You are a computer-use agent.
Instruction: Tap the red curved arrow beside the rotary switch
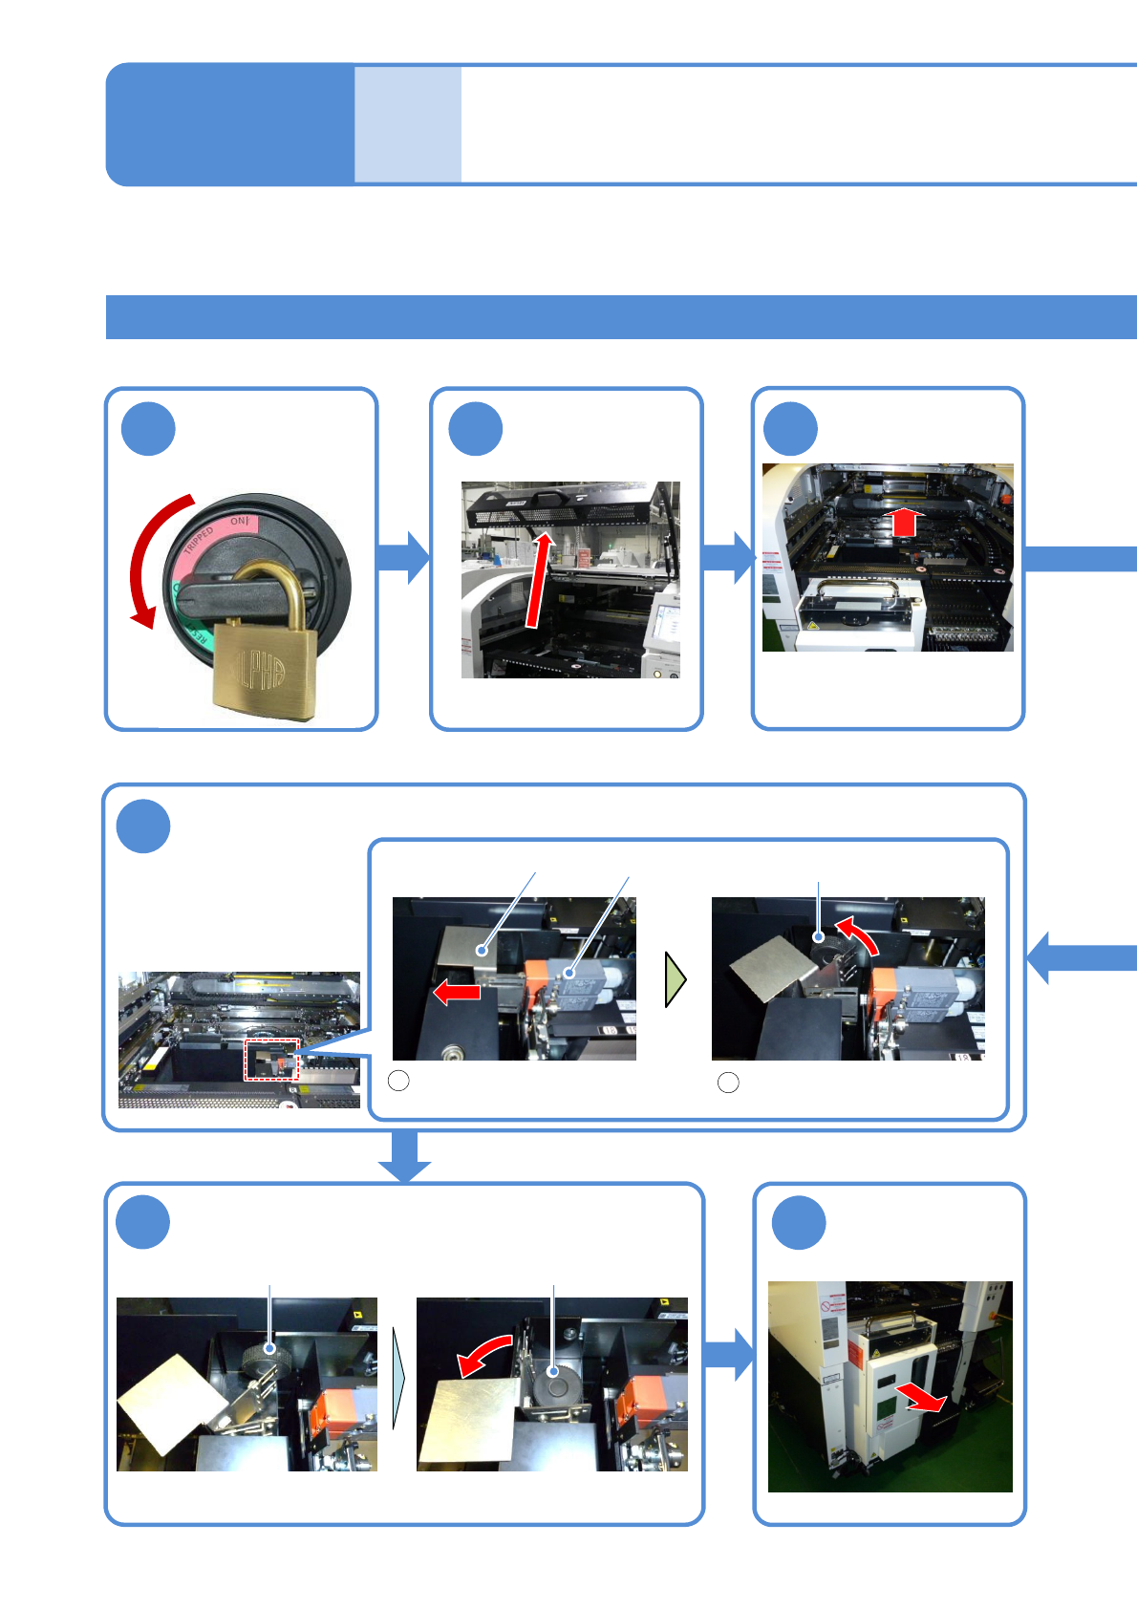click(146, 560)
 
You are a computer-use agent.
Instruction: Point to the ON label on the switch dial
click(238, 522)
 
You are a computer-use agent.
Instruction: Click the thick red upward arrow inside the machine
click(904, 522)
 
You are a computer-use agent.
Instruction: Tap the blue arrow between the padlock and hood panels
click(403, 557)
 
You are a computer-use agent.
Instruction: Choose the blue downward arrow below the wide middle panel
click(404, 1156)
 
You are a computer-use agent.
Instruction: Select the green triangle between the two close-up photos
click(676, 979)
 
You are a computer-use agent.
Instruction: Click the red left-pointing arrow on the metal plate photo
click(457, 992)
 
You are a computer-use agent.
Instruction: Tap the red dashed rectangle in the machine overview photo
click(272, 1059)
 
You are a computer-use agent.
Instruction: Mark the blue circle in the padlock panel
click(148, 429)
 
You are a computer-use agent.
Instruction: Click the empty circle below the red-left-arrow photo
click(399, 1081)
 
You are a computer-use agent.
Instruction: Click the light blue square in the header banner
click(408, 124)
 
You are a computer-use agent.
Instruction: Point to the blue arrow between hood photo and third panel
click(728, 557)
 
